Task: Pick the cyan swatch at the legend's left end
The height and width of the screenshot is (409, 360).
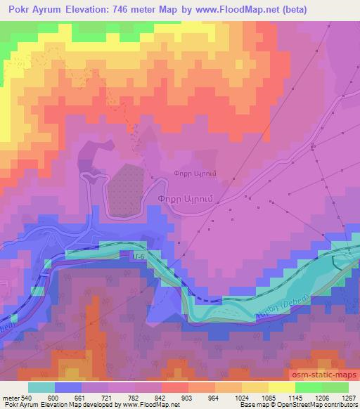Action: pyautogui.click(x=41, y=387)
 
